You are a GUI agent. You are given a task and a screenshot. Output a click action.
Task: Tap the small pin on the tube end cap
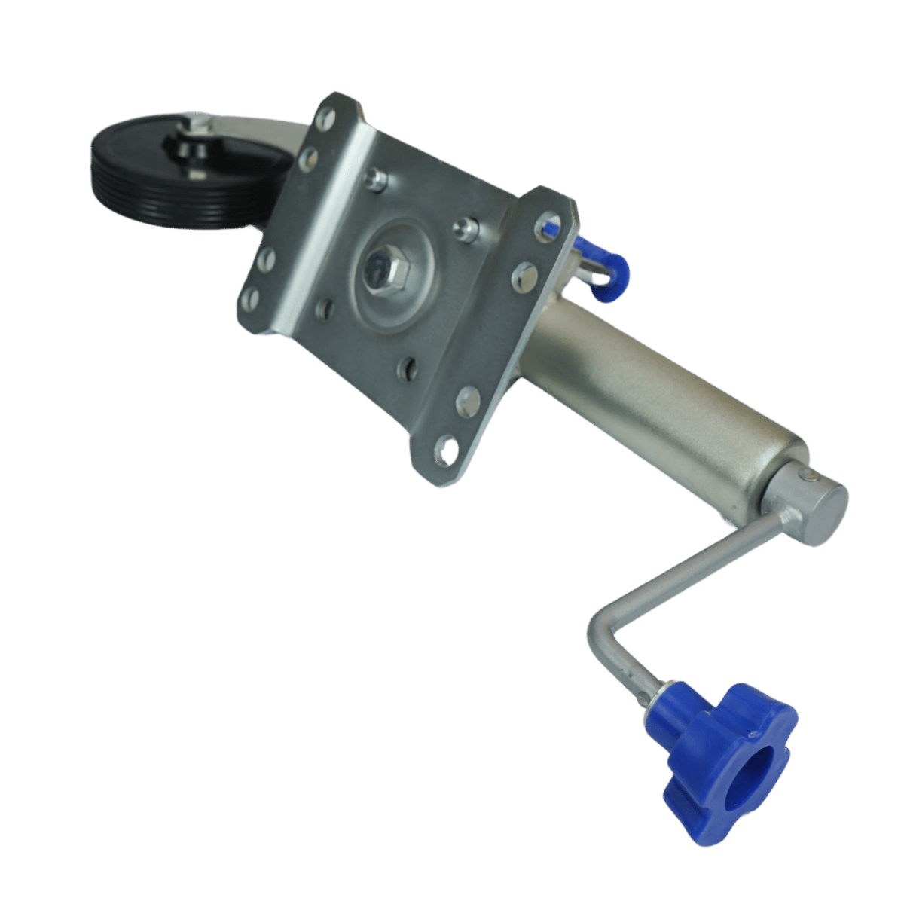[807, 474]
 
